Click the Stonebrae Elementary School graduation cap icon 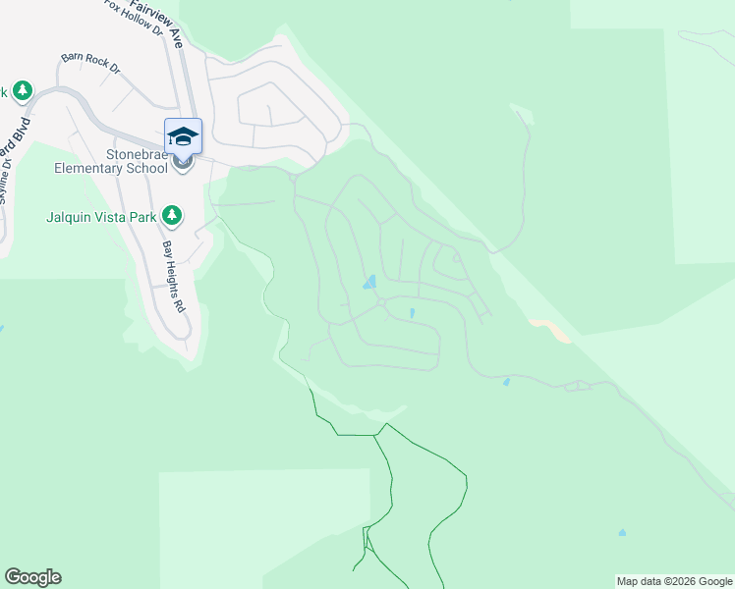tap(184, 135)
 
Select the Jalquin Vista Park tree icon tap(173, 214)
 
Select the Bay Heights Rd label tap(174, 277)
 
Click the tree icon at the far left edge tap(22, 91)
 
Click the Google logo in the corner tap(32, 577)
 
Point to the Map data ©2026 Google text tap(674, 581)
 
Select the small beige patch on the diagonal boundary tap(551, 330)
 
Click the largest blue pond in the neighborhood tap(369, 283)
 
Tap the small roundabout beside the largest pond tap(379, 303)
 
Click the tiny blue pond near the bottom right tap(622, 533)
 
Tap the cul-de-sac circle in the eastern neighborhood tap(457, 258)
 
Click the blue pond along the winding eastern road tap(506, 383)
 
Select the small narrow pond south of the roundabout tap(411, 314)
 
